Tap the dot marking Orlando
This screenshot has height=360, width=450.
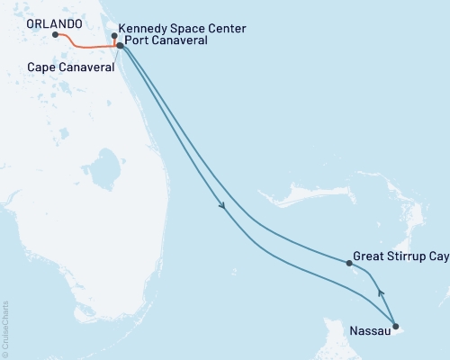tap(56, 35)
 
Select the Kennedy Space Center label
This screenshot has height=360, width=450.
tap(182, 29)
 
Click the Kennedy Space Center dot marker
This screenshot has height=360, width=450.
tap(114, 37)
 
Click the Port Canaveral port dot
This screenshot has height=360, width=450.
tap(120, 45)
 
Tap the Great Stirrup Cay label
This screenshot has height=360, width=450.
tap(400, 256)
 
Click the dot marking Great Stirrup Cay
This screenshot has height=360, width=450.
tap(349, 263)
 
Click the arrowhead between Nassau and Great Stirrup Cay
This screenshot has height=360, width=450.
tap(380, 292)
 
